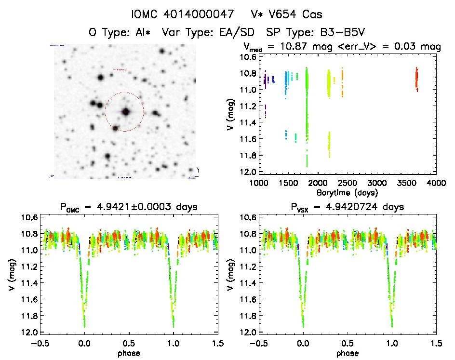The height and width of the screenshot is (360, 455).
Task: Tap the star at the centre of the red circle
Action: click(126, 111)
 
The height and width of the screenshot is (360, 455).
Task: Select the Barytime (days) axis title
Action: click(347, 192)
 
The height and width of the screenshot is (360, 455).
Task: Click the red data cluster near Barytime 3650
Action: click(416, 79)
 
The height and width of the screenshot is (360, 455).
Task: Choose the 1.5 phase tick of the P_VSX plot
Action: click(436, 343)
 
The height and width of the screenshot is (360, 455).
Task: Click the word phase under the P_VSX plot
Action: click(348, 352)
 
